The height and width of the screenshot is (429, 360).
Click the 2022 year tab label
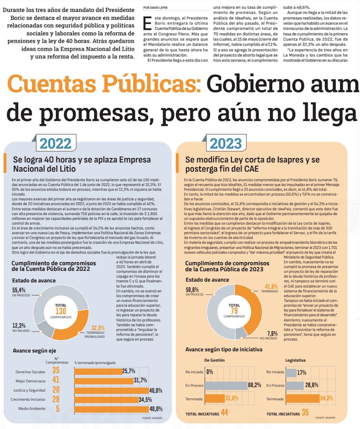tap(55, 143)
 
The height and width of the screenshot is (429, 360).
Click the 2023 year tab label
tap(225, 143)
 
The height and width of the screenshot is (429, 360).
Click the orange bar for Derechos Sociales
tap(98, 371)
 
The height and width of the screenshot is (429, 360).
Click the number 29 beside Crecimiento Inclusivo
tap(56, 399)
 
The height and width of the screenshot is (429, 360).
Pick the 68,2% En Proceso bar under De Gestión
tap(226, 385)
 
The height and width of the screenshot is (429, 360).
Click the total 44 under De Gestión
tap(224, 413)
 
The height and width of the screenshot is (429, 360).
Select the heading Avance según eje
tap(35, 350)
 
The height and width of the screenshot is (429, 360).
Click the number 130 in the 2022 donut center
tap(60, 311)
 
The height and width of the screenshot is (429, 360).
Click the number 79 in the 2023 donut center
tap(234, 311)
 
